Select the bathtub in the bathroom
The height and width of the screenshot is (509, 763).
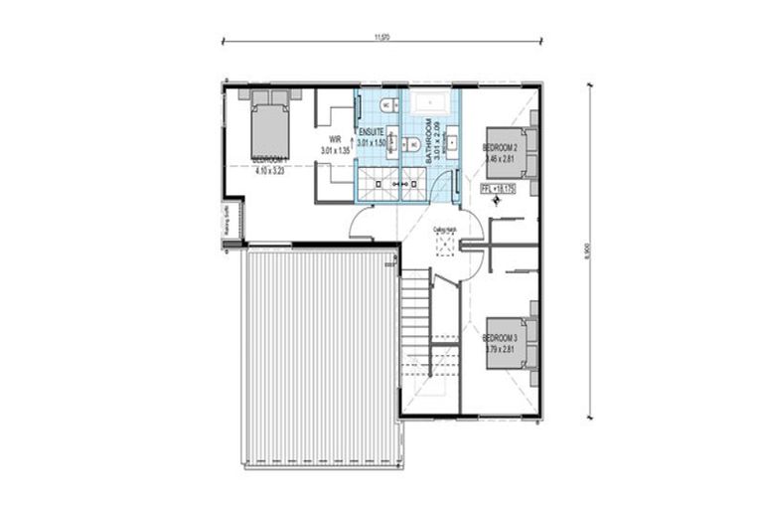click(431, 101)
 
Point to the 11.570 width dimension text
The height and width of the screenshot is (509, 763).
click(381, 37)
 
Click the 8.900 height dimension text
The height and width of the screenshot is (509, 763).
click(589, 254)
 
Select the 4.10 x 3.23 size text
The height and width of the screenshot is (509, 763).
click(269, 170)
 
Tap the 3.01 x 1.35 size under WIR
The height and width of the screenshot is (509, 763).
click(336, 149)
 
